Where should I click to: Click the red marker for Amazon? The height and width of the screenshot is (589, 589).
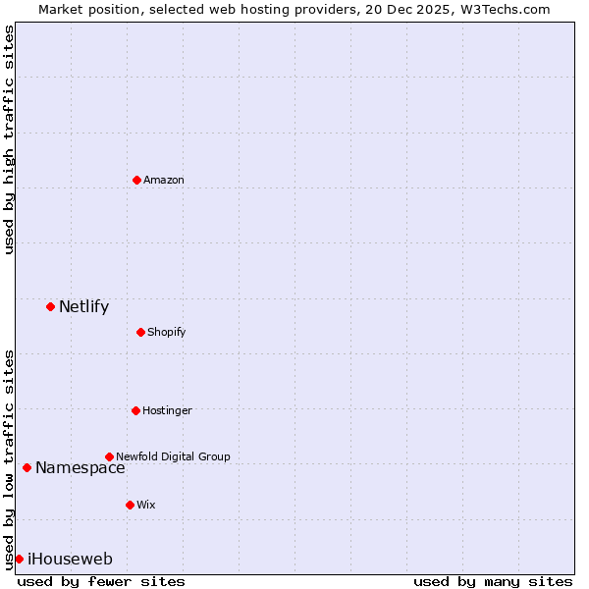coord(136,180)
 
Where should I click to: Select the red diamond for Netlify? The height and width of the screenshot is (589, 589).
coord(50,306)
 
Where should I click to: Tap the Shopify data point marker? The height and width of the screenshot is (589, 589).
coord(140,332)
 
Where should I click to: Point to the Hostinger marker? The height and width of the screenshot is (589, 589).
coord(135,410)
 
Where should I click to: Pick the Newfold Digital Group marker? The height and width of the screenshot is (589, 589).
coord(109,456)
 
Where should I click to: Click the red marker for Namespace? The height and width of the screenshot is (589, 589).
coord(27,467)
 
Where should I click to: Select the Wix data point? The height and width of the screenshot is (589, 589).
coord(130,505)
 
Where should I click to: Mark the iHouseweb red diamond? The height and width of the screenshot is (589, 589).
coord(19,559)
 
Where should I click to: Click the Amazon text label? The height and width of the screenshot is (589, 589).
coord(164,180)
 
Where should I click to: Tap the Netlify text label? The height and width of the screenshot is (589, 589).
coord(83,306)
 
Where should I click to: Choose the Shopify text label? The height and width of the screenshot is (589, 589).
coord(167,332)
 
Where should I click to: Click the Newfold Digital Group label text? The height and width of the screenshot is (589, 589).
coord(173,456)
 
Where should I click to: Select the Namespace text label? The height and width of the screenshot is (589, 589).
coord(80,468)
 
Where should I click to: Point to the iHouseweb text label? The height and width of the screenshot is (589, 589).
coord(70,560)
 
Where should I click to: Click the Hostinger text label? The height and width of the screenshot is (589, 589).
coord(167,410)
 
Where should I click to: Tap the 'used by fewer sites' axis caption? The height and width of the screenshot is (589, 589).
coord(101,581)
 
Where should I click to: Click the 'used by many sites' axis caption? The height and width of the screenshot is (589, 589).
coord(493,581)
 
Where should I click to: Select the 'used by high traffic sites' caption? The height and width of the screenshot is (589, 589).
coord(9,139)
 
